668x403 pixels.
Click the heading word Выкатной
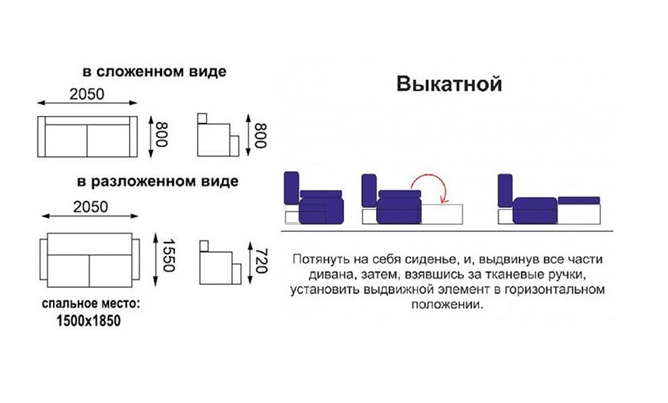click(x=448, y=84)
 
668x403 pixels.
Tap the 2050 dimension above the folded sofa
click(x=87, y=94)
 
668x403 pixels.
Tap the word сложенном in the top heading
click(x=135, y=72)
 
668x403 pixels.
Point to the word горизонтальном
click(x=554, y=290)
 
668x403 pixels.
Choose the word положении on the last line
click(x=449, y=306)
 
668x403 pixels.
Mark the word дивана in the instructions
click(x=329, y=275)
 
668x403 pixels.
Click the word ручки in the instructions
click(x=562, y=275)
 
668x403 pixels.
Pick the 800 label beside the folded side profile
click(x=261, y=137)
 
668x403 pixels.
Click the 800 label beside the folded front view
click(x=162, y=136)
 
